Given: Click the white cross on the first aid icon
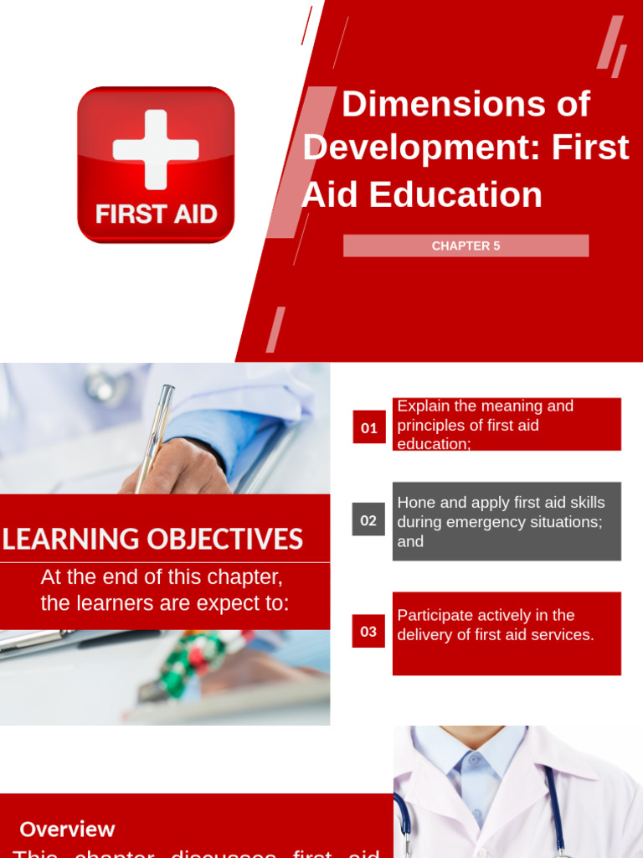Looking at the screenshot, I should click(156, 149).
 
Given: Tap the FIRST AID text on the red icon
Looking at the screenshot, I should click(156, 214).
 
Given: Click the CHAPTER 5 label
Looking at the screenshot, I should click(466, 246).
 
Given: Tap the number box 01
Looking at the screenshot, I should click(368, 427).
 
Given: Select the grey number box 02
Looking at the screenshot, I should click(368, 520).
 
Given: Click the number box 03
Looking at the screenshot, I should click(368, 631).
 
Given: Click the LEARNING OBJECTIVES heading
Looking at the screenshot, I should click(152, 539).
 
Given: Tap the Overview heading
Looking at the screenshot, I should click(67, 830).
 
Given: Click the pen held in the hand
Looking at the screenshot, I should click(154, 436).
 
